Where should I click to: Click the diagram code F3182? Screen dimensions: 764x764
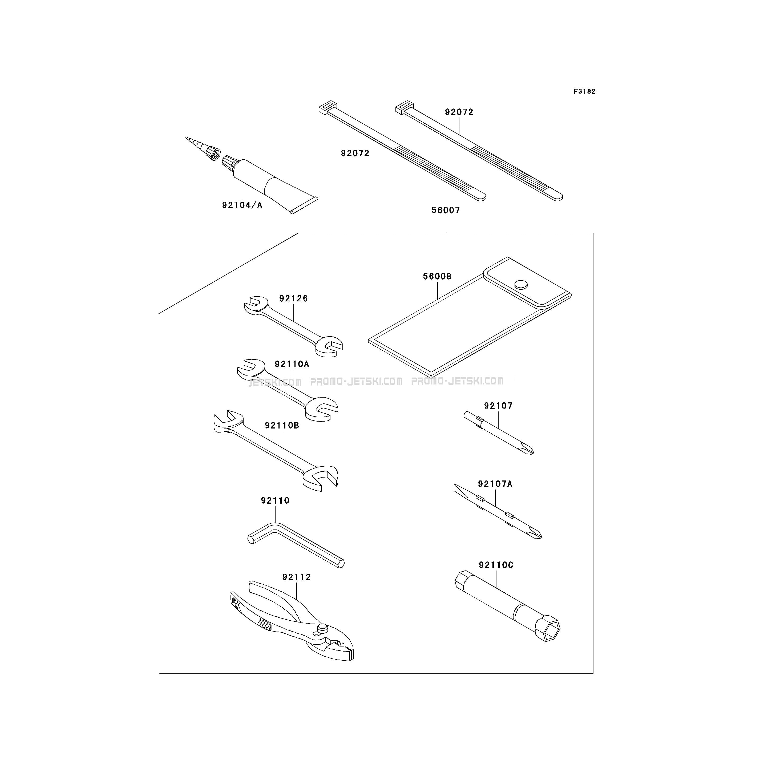tap(584, 91)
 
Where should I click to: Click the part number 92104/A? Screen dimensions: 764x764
tap(242, 205)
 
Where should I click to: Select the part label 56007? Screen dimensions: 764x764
tap(446, 210)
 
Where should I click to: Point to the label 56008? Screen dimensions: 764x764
tap(437, 276)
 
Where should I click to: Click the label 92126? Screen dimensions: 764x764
tap(293, 298)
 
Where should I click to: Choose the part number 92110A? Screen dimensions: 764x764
tap(292, 364)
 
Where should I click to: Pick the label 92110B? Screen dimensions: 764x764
tap(282, 426)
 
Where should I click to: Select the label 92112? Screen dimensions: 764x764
tap(297, 577)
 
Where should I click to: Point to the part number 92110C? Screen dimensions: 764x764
tap(496, 565)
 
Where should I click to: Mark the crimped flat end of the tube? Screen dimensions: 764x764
tap(305, 206)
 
